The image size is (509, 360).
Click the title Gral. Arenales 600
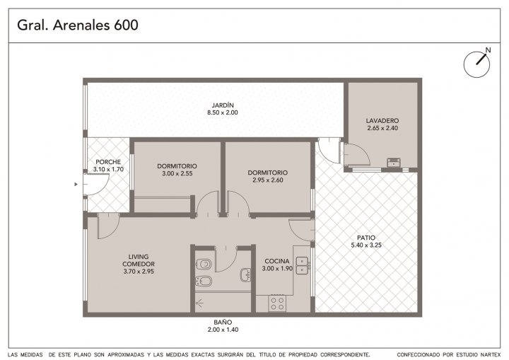point(78,25)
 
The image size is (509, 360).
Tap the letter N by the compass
point(488,50)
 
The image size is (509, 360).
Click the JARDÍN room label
point(223,105)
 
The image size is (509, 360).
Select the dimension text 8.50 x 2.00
point(223,112)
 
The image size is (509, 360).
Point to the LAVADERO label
point(382,121)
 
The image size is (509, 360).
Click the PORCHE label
point(108,162)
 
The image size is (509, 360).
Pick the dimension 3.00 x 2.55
point(177,173)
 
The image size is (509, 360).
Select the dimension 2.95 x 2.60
point(268,180)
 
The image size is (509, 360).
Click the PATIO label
point(366,238)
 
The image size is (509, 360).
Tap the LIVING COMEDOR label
point(139,260)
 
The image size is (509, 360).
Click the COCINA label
point(277,261)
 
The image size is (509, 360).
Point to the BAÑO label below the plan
point(223,323)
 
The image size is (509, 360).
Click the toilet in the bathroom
point(204,264)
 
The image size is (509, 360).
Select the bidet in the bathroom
point(204,281)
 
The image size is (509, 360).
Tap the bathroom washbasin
point(245,275)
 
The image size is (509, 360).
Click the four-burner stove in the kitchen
point(277,303)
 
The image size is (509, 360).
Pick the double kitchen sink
point(302,265)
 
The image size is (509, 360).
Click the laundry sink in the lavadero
point(394,162)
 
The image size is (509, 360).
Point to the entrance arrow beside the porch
point(76,184)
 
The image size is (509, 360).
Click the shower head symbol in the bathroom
point(199,303)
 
